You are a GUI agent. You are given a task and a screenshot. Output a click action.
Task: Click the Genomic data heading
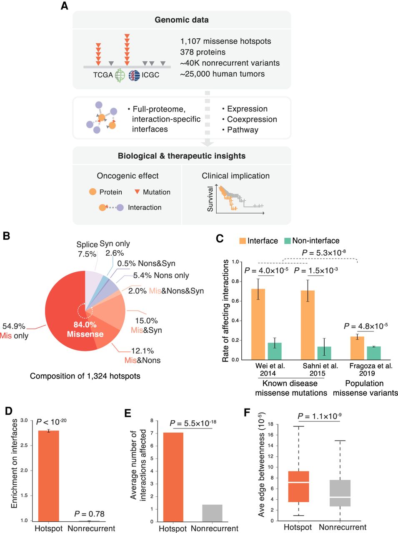point(182,20)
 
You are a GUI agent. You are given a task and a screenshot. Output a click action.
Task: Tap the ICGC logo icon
point(134,75)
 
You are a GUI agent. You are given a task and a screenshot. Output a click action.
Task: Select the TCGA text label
point(103,75)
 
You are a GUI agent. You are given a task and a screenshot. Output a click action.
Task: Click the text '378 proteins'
point(203,52)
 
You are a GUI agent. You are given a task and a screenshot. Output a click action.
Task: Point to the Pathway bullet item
point(242,130)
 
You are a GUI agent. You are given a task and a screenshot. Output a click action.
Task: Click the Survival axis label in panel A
point(210,199)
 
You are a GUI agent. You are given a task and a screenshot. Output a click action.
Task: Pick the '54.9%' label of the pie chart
point(14,326)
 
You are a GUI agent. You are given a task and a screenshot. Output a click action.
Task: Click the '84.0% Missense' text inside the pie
point(85,329)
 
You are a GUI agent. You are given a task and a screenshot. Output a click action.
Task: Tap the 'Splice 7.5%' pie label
point(87,249)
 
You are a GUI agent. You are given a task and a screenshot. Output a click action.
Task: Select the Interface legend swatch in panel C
point(242,241)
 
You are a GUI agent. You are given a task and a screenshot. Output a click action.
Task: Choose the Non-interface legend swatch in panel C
point(287,241)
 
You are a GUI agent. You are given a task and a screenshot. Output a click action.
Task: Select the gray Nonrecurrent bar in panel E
point(212,513)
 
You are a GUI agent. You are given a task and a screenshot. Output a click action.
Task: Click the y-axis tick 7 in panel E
point(152,433)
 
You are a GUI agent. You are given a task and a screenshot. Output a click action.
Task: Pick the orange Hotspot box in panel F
point(298,486)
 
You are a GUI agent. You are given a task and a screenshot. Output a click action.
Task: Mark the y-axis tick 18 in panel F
point(270,424)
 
